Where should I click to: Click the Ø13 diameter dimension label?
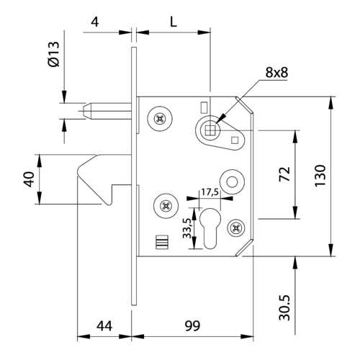click(53, 54)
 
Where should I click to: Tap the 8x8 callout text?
click(276, 72)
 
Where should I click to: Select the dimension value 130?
click(320, 176)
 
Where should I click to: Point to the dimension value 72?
click(284, 174)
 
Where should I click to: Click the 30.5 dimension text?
click(284, 308)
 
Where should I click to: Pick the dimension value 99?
click(192, 325)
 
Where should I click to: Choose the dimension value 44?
click(104, 326)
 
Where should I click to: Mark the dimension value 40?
click(29, 179)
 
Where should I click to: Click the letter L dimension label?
click(173, 22)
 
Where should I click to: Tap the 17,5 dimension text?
click(210, 192)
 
